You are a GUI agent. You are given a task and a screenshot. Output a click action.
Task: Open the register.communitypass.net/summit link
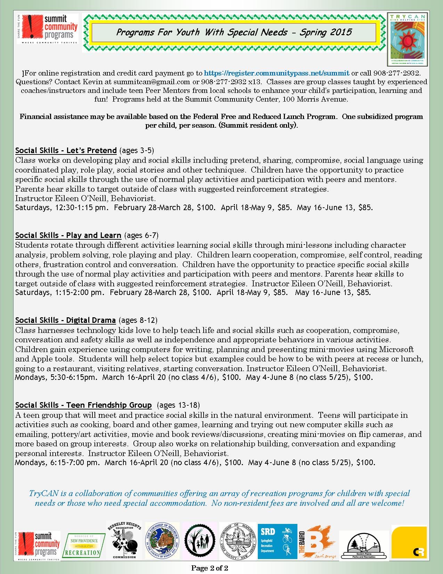[277, 73]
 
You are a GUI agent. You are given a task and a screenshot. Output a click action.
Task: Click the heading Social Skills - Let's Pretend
[66, 150]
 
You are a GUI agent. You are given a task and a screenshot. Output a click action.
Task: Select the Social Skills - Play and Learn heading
[68, 235]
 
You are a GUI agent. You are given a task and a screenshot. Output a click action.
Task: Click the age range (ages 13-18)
[178, 405]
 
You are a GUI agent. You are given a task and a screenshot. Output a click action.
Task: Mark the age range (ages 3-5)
[137, 150]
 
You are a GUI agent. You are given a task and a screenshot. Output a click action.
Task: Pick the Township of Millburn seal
[162, 541]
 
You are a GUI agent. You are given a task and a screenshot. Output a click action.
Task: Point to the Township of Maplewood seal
[238, 541]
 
